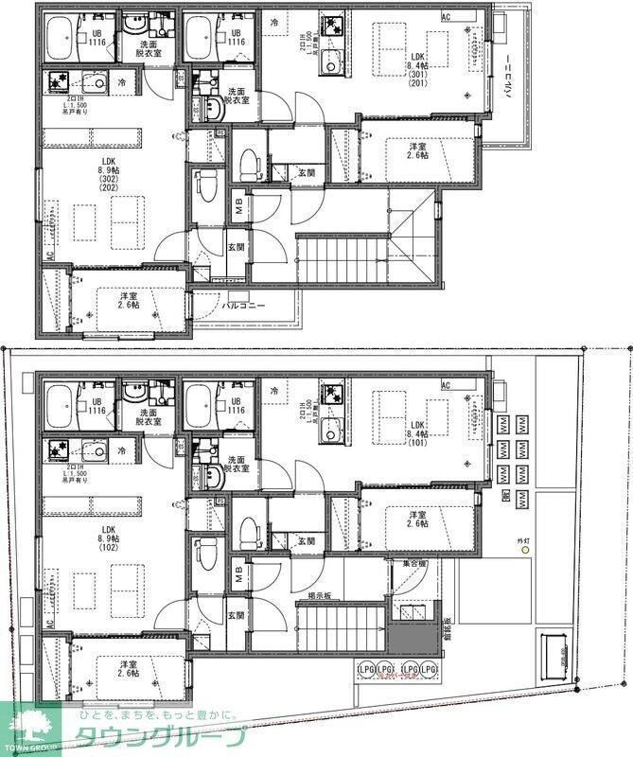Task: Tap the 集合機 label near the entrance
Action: [414, 563]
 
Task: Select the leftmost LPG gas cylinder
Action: [364, 670]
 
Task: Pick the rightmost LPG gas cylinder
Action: [431, 670]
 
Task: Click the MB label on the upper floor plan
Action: [240, 207]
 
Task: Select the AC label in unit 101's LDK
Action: [447, 385]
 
